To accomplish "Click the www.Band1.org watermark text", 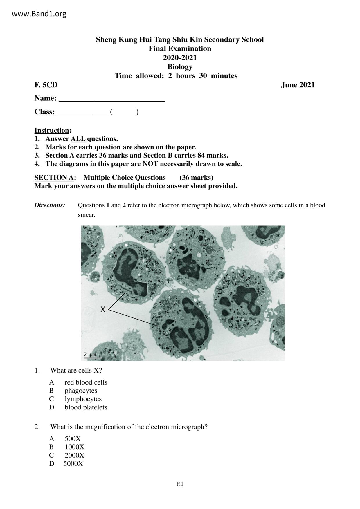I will [x=39, y=14].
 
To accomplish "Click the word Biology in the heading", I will [x=180, y=67].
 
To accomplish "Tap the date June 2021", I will [x=298, y=85].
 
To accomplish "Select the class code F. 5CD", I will [x=46, y=85].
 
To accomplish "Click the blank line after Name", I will [x=111, y=99].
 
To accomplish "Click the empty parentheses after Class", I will [x=124, y=112].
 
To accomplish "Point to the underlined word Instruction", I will [x=52, y=130].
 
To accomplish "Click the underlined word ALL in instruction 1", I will [x=78, y=139].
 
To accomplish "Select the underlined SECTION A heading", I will [x=54, y=178].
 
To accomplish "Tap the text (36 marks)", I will [x=196, y=178].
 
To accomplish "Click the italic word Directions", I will [x=50, y=205].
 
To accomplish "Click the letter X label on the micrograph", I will [x=103, y=309].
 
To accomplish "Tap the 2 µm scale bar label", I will [x=90, y=355].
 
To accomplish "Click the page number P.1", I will [x=180, y=484].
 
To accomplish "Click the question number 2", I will [x=37, y=427].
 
